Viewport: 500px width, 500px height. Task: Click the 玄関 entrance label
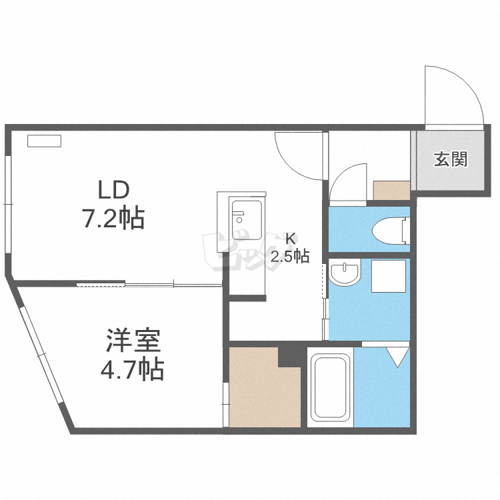click(451, 159)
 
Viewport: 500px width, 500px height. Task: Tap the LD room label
click(113, 191)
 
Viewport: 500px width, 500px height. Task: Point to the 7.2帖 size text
click(113, 218)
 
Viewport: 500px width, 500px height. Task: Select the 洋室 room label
click(133, 341)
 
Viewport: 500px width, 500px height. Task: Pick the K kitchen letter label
click(290, 238)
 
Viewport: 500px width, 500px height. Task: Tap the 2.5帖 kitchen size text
click(290, 255)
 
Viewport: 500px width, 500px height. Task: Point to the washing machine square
click(388, 276)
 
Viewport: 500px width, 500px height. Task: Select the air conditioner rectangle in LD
click(44, 141)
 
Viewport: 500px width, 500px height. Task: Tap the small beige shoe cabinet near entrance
click(391, 189)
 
